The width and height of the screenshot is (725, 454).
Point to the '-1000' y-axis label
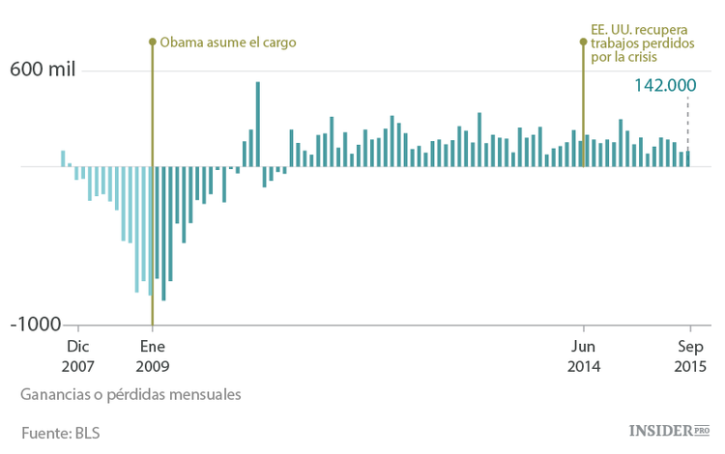pyautogui.click(x=35, y=325)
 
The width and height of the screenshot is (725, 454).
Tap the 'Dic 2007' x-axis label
pyautogui.click(x=77, y=355)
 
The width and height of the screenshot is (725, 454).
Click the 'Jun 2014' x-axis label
pyautogui.click(x=584, y=355)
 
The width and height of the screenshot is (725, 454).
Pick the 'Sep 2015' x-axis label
pyautogui.click(x=690, y=355)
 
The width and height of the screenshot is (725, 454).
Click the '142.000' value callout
pyautogui.click(x=665, y=85)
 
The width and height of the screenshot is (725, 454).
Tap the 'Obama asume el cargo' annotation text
pyautogui.click(x=227, y=43)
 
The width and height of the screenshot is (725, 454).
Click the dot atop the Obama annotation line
pyautogui.click(x=152, y=42)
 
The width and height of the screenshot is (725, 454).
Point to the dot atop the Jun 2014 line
pyautogui.click(x=583, y=42)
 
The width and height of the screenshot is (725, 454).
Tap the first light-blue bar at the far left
pyautogui.click(x=63, y=158)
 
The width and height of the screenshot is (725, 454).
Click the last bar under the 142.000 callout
pyautogui.click(x=688, y=158)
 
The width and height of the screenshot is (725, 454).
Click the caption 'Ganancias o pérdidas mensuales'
pyautogui.click(x=130, y=395)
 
